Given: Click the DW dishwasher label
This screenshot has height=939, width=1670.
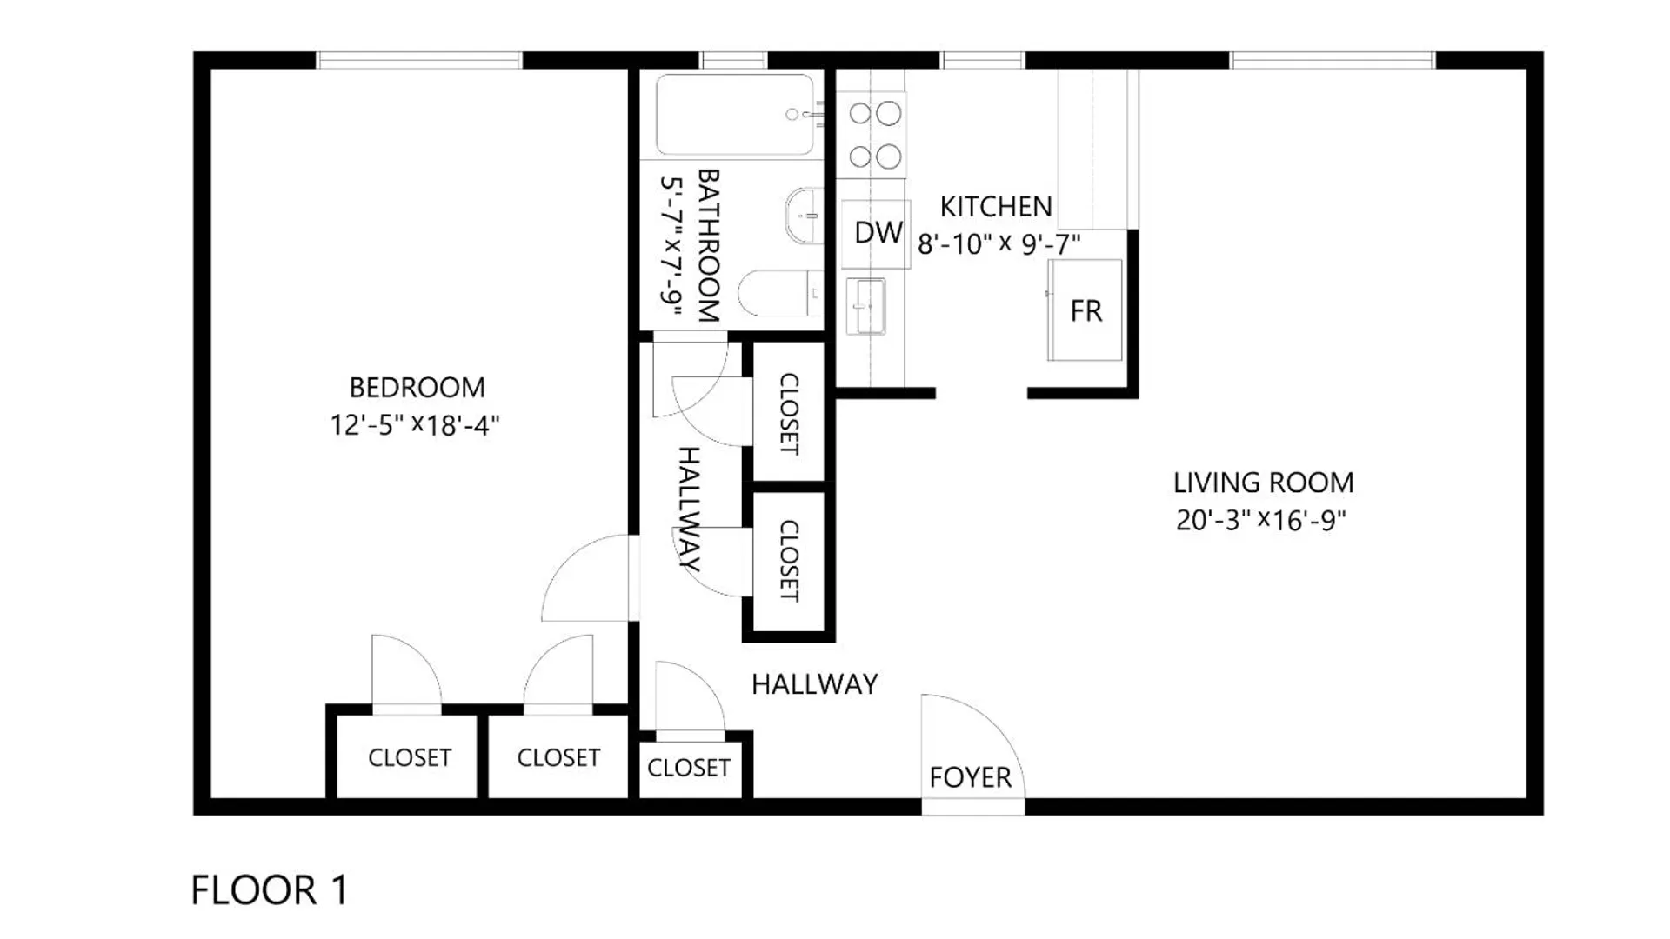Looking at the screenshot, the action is [878, 233].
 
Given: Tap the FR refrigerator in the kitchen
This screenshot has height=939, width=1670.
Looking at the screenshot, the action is [1085, 310].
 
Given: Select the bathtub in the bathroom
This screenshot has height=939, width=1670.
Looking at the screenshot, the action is [736, 115].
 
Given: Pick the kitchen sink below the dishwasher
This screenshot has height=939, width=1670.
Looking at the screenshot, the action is [865, 306].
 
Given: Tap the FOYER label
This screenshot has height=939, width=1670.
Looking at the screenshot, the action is [970, 777].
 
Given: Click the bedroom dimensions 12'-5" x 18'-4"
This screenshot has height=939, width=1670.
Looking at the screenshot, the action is [415, 425].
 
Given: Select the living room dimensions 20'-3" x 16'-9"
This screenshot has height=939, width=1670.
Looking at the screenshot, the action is [1261, 520].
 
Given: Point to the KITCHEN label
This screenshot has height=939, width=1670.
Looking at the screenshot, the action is [996, 207].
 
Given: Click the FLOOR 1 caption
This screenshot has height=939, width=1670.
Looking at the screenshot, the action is [270, 890].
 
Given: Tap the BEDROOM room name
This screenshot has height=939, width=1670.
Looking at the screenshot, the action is [417, 387].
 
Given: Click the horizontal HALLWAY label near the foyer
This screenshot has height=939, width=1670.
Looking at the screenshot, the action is [814, 684].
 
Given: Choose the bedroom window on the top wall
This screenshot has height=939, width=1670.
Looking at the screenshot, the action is [419, 60].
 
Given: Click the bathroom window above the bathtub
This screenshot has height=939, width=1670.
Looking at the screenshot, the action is [734, 60].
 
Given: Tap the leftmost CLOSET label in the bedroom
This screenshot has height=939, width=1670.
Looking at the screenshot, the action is [410, 758].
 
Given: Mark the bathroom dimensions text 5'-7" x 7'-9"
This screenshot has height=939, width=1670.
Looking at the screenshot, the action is [671, 246].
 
